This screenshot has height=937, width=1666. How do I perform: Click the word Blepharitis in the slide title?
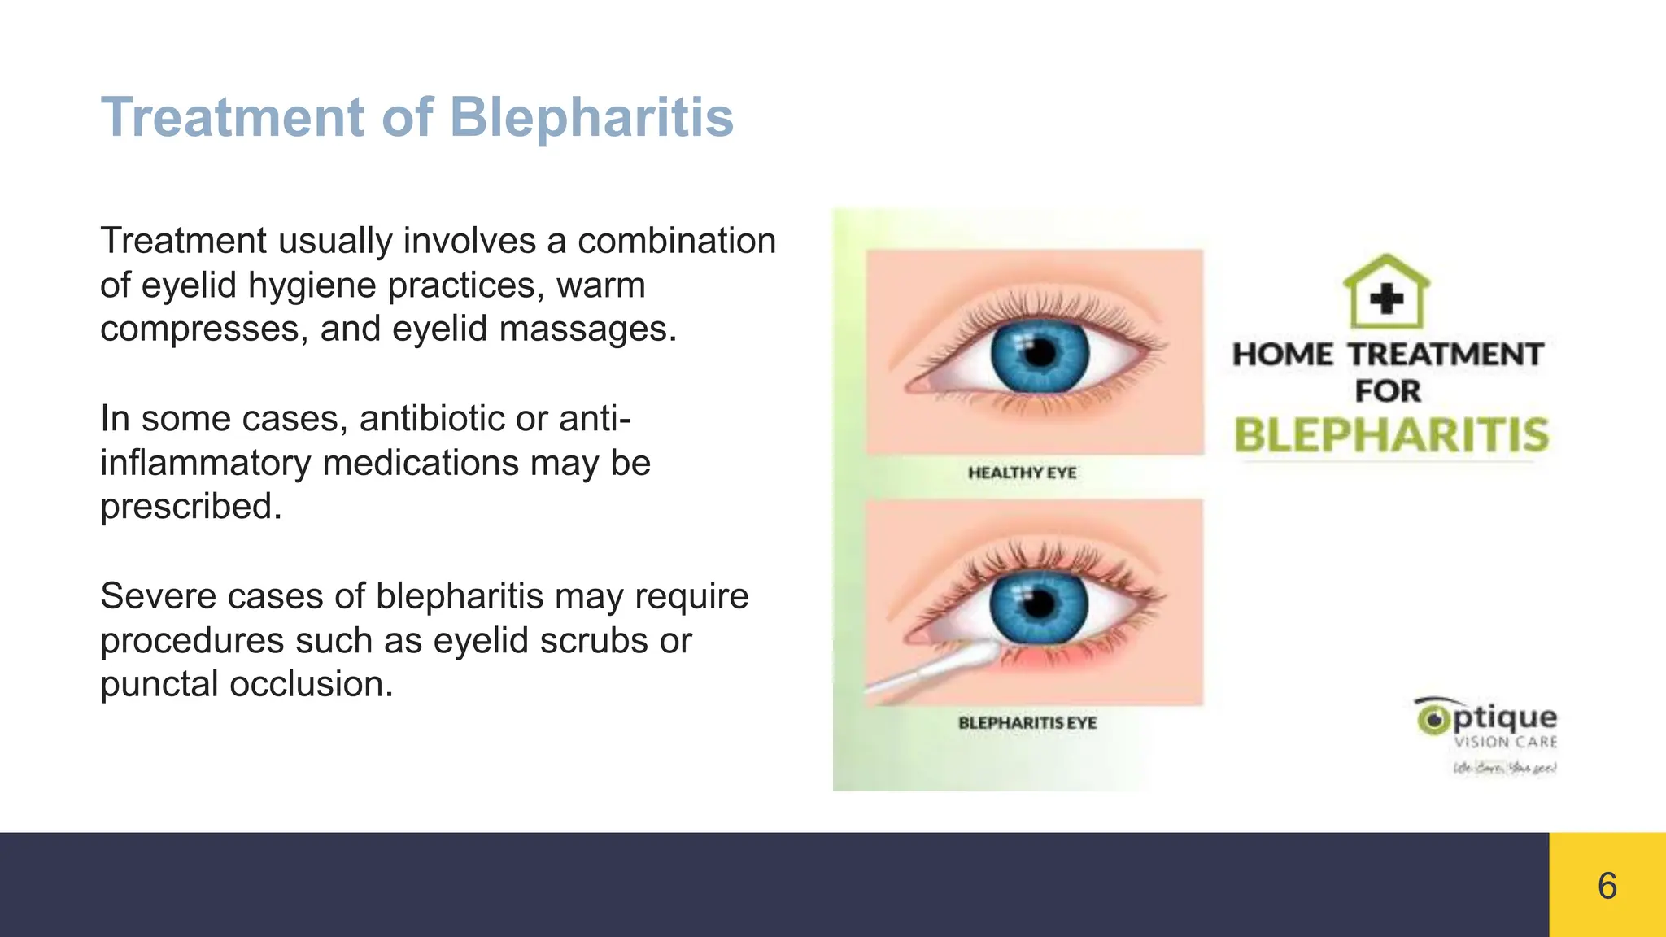coord(591,117)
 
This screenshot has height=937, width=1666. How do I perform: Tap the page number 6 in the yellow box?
coord(1607,886)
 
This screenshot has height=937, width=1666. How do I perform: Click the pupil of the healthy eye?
coord(1040,354)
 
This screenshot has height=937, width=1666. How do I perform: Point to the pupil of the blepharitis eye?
coord(1039,604)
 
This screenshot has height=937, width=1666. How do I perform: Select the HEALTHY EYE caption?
coord(1022,473)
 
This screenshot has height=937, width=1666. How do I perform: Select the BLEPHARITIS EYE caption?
coord(1027,722)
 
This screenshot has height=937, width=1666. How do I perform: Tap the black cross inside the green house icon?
coord(1386,299)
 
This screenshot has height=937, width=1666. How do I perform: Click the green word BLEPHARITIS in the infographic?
coord(1391,435)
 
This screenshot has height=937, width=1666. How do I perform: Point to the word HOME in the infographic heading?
coord(1283,355)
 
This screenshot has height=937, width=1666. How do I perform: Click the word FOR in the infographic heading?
coord(1388,391)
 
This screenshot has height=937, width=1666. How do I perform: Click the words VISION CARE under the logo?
coord(1505,742)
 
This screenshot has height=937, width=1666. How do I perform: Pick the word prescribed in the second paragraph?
coord(190,507)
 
